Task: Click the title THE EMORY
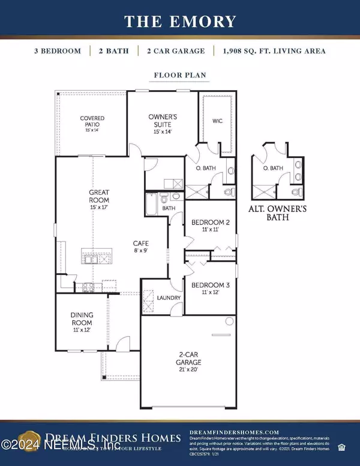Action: (x=179, y=22)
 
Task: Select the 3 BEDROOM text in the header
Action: (x=58, y=51)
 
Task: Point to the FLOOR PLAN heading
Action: (x=179, y=76)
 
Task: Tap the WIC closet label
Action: (x=218, y=121)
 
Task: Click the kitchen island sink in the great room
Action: (x=93, y=260)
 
